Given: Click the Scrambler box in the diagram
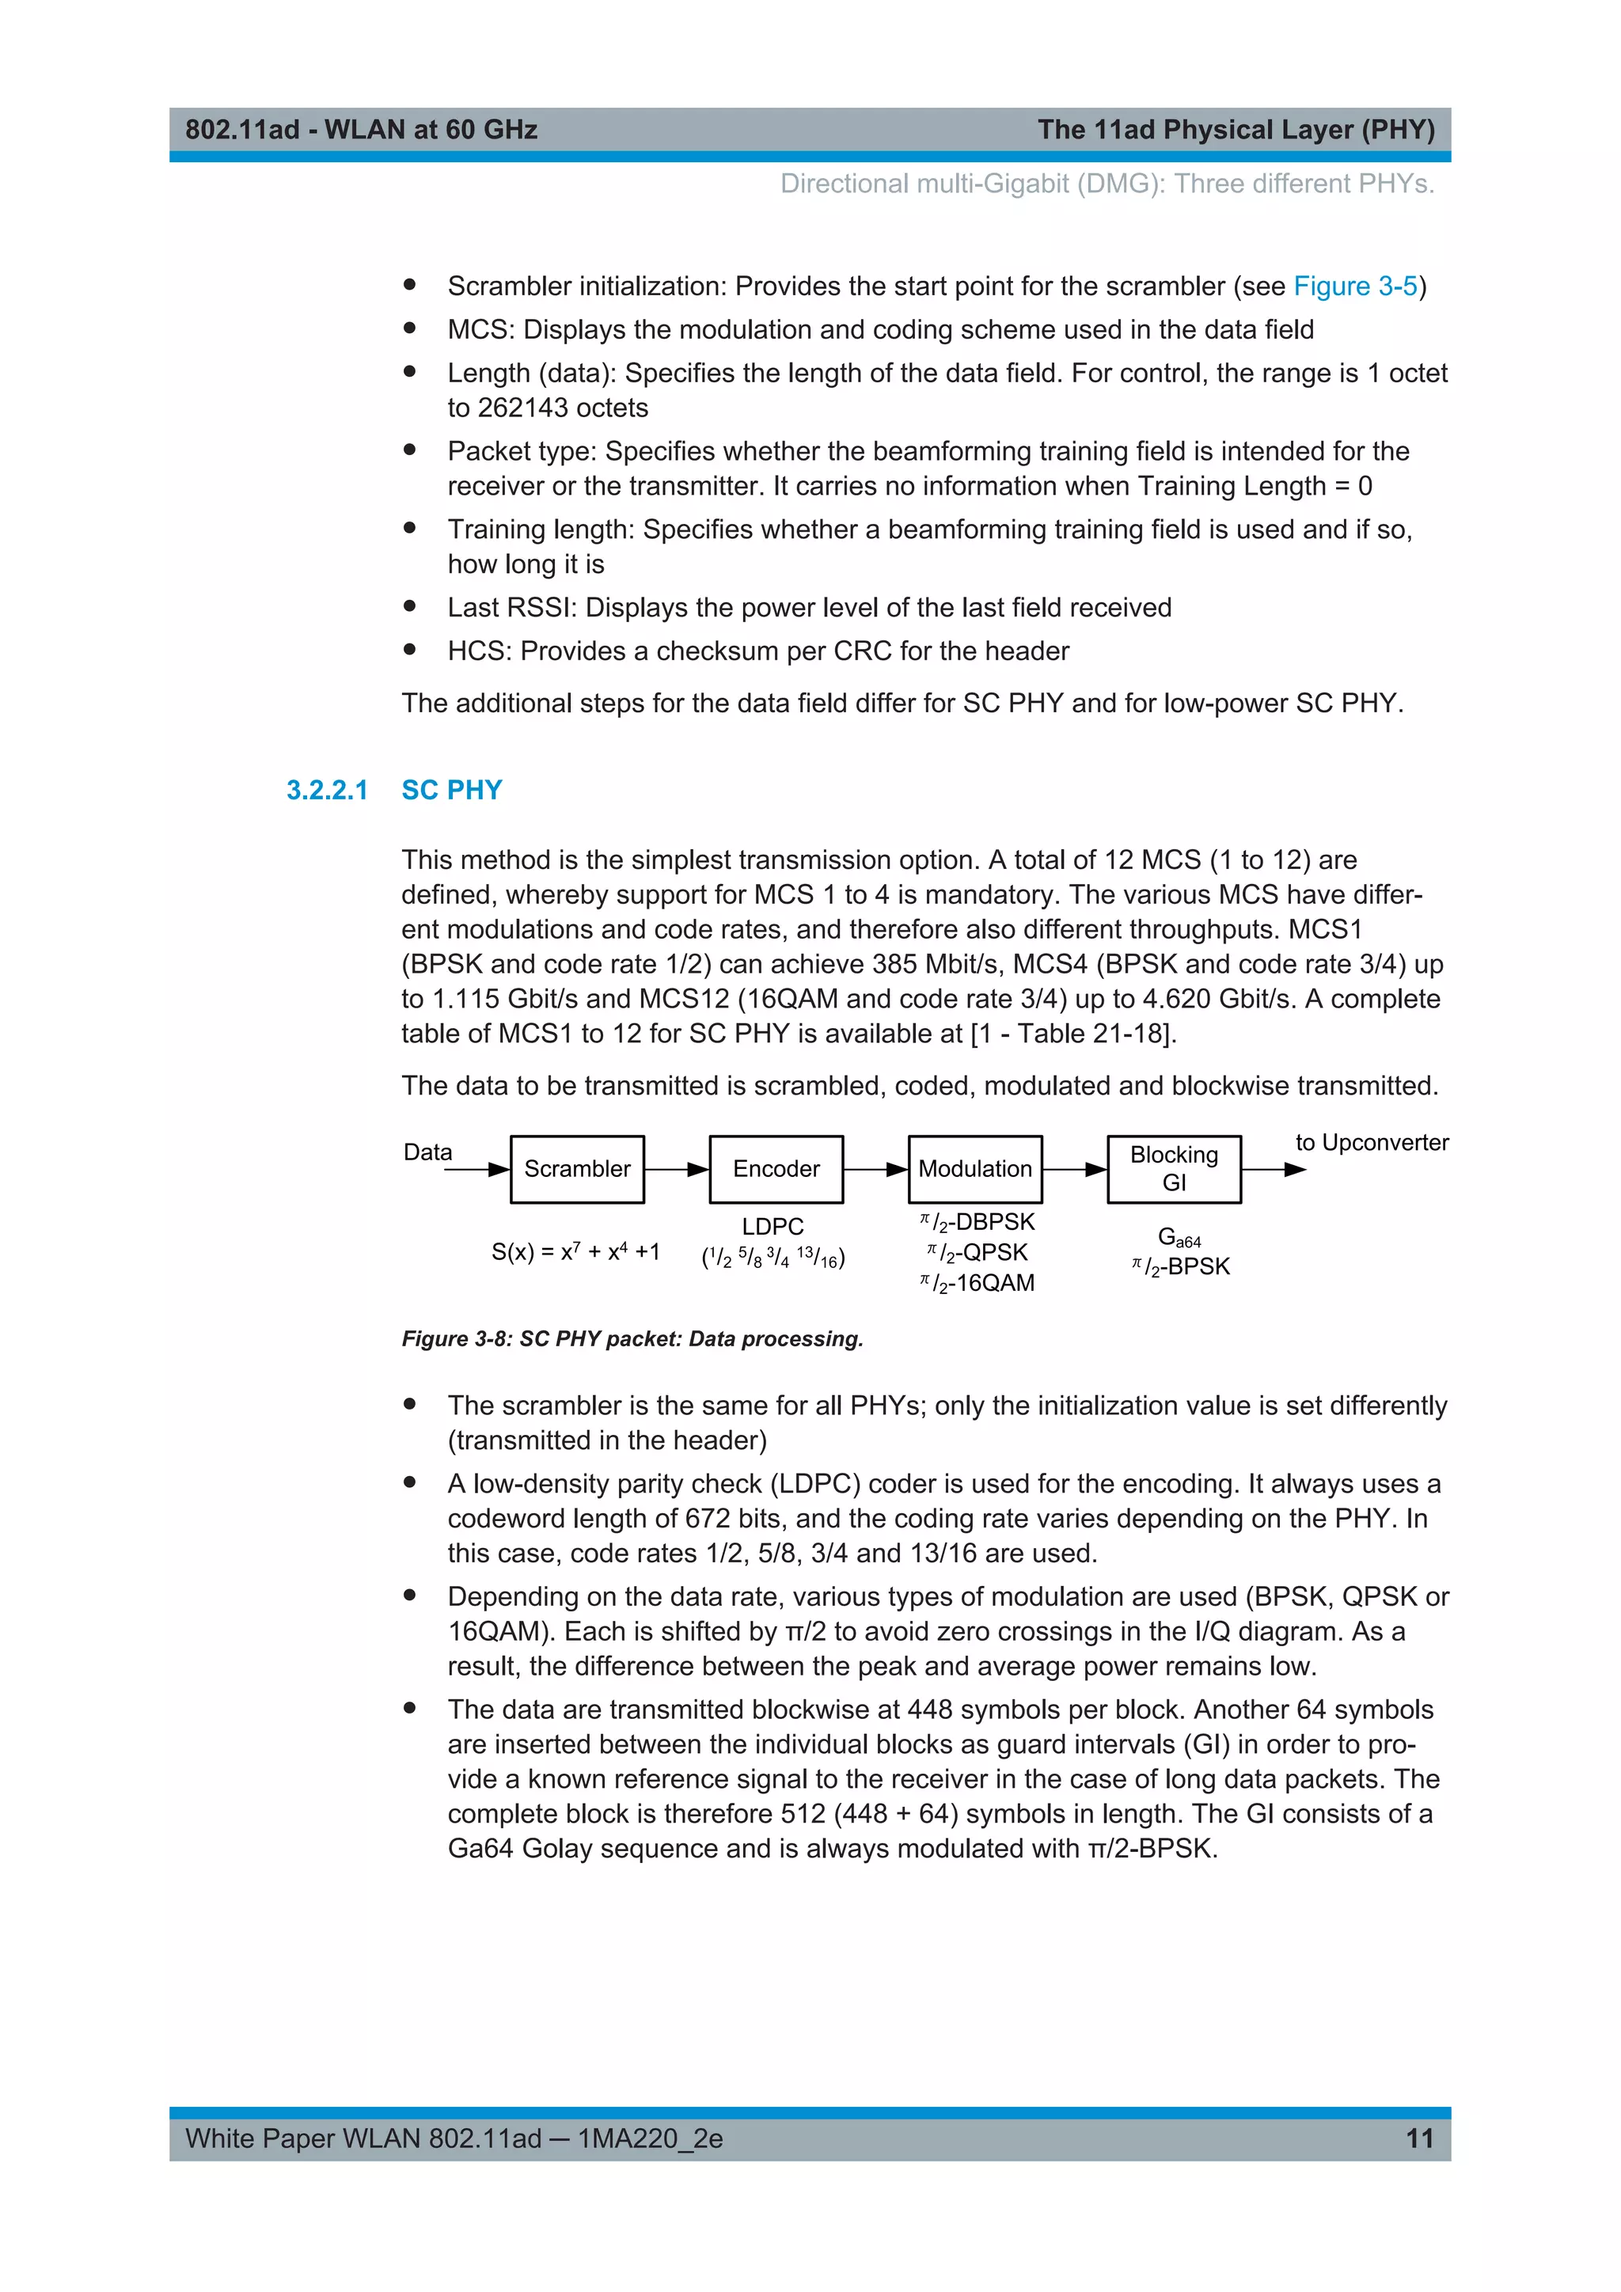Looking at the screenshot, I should (x=577, y=1169).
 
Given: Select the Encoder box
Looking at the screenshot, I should (x=776, y=1169).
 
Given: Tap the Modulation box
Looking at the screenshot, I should (x=974, y=1169).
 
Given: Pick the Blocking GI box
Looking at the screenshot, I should (x=1174, y=1169).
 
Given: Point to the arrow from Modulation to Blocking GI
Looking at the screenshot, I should (x=1075, y=1169).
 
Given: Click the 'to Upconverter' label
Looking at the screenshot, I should (x=1372, y=1142).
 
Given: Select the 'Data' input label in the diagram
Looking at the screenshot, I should (x=427, y=1152).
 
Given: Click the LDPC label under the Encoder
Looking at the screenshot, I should (x=773, y=1226).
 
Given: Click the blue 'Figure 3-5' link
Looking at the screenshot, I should (x=1354, y=286).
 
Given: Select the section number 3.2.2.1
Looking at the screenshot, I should (x=326, y=790).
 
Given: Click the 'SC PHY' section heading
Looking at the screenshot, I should (x=451, y=790).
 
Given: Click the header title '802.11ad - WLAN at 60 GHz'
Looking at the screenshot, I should (x=362, y=130).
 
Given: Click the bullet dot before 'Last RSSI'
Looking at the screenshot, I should (x=409, y=606).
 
